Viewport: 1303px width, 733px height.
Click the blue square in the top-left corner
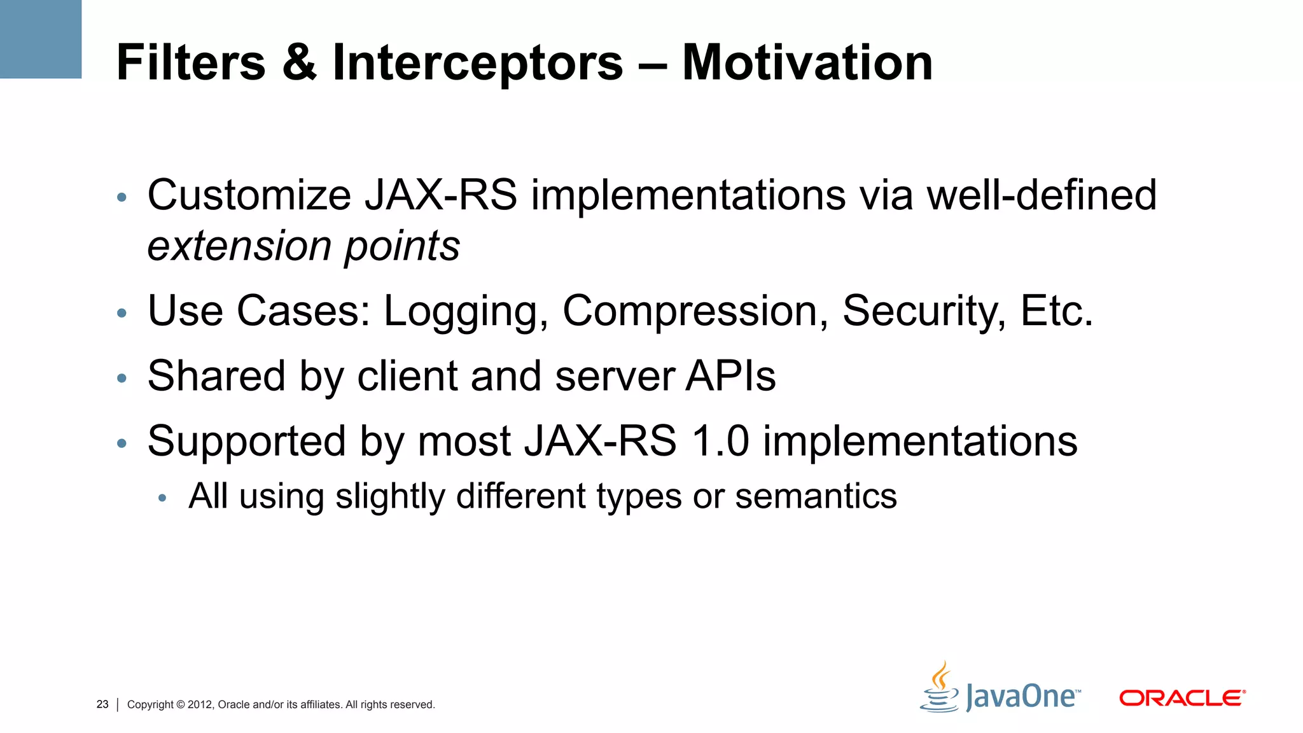click(40, 39)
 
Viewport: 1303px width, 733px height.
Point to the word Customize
click(249, 195)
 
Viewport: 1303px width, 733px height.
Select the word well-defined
click(1042, 195)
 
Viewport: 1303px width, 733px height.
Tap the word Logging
click(466, 312)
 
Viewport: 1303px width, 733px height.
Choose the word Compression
click(695, 312)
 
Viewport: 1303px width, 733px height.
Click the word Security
click(924, 312)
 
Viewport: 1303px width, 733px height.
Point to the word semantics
click(816, 496)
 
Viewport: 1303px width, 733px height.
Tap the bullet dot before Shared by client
click(122, 379)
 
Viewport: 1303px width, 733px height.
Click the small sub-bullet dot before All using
click(162, 498)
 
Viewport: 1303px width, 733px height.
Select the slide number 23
click(102, 704)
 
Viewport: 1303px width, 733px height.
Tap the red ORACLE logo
click(1181, 698)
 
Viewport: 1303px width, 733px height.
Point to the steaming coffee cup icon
click(940, 688)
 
